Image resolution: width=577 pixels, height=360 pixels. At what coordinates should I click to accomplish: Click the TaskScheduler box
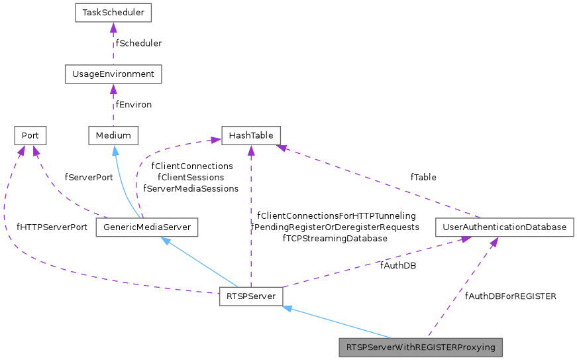point(113,13)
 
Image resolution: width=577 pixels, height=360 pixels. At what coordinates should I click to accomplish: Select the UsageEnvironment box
point(113,74)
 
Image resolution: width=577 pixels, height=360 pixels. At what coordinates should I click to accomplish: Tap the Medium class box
point(113,136)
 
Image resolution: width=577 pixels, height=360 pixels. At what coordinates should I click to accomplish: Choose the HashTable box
point(250,136)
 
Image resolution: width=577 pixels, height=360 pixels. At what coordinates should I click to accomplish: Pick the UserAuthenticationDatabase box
point(505,227)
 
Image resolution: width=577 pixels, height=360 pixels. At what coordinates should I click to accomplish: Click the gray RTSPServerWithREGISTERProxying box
point(421,347)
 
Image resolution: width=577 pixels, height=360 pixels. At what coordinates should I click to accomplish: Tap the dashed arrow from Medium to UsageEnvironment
point(113,105)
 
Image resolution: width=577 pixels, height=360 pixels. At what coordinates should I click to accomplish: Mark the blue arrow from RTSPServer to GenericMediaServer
point(199,261)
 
